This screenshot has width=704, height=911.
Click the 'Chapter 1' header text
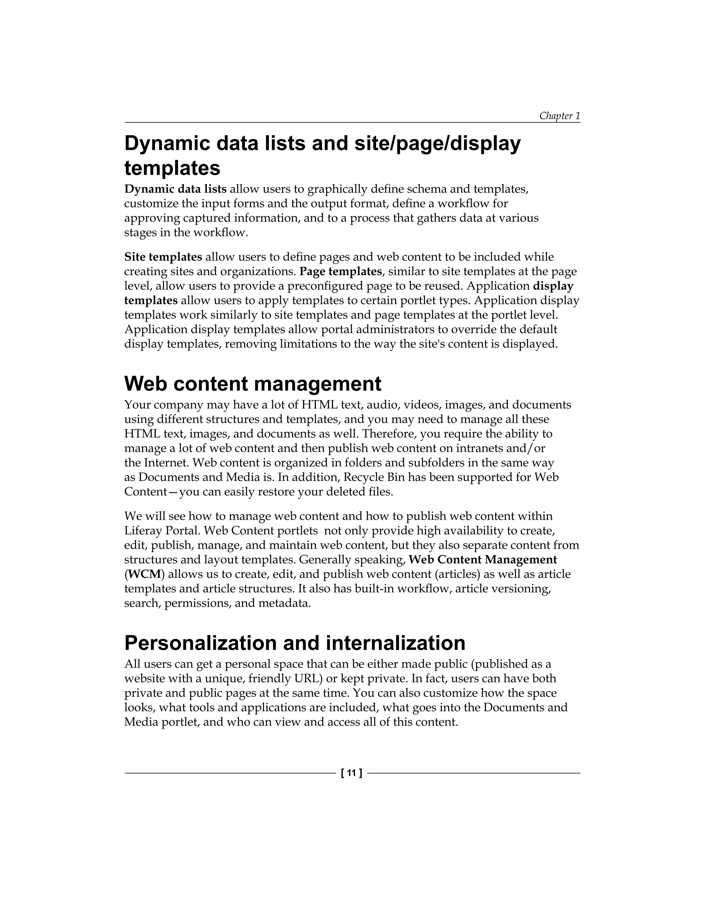click(559, 116)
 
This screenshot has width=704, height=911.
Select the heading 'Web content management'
click(252, 383)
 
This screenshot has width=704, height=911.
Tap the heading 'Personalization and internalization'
click(295, 643)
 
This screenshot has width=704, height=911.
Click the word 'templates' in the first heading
click(172, 168)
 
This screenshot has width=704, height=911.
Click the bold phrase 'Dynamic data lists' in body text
click(175, 189)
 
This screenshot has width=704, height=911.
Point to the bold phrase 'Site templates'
click(163, 256)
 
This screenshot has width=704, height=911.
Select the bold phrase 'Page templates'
click(340, 271)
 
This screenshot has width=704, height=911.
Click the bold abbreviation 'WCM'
click(144, 574)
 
